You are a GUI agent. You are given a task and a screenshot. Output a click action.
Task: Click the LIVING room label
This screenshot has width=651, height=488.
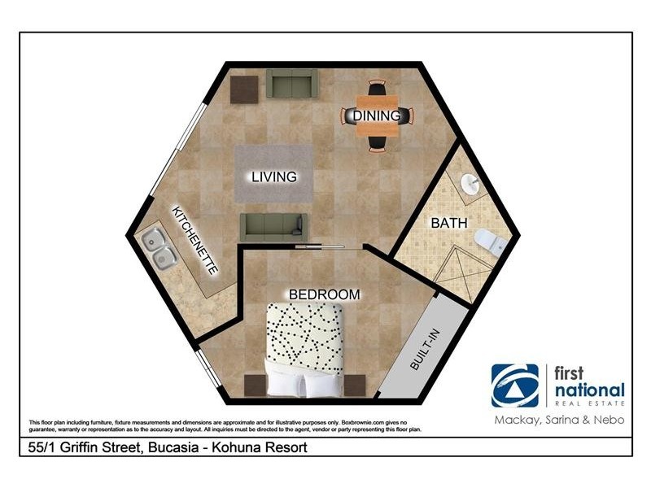tap(273, 176)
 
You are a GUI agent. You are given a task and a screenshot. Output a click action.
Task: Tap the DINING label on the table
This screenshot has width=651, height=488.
tap(376, 116)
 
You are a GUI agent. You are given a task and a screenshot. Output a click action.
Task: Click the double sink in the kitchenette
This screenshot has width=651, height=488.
tap(160, 248)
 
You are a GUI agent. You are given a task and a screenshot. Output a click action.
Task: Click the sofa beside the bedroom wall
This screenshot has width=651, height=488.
tap(273, 226)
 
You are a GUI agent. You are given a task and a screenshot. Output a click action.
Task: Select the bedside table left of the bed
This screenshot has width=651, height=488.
tap(255, 385)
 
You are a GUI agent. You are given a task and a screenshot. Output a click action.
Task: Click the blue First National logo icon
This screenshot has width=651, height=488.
tap(514, 385)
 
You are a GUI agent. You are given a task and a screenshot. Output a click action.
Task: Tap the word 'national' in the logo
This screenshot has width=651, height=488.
tap(589, 389)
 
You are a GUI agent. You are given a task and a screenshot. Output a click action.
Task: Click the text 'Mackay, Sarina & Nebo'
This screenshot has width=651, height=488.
tap(560, 420)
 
